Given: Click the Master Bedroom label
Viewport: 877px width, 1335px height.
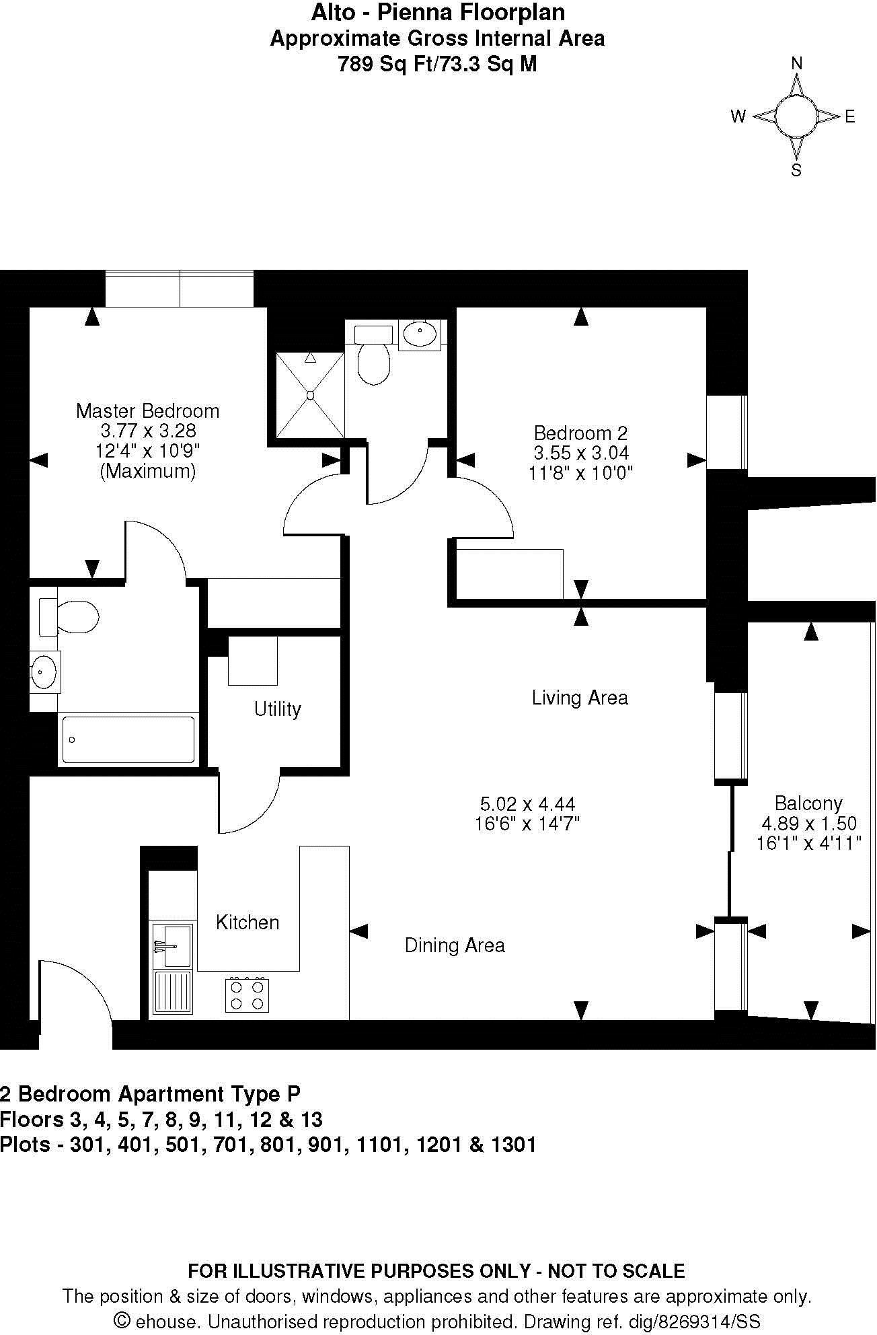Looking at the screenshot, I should click(x=147, y=410).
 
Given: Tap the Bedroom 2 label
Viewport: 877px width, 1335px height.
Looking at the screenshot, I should click(x=580, y=433).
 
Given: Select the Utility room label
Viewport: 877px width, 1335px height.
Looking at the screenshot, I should click(x=277, y=709).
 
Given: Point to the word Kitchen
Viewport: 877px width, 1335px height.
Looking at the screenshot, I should click(x=247, y=922).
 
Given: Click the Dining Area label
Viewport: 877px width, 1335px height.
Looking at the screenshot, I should click(x=455, y=945).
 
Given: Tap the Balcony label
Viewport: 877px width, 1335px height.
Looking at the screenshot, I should click(x=808, y=803).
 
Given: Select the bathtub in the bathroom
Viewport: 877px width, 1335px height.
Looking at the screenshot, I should click(x=128, y=740).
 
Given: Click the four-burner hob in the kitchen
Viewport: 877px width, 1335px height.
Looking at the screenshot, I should click(x=247, y=995).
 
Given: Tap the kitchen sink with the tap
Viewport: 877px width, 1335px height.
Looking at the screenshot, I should click(x=172, y=945).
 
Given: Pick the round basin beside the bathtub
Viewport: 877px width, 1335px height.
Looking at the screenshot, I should click(x=44, y=671).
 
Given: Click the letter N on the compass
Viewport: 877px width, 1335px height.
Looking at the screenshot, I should click(x=797, y=63).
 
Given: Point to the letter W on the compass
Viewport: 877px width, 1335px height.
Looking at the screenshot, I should click(x=738, y=117).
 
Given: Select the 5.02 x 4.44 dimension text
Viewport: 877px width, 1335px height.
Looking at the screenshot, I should click(x=527, y=803).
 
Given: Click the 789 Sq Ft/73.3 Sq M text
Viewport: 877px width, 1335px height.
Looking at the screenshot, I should click(x=437, y=65).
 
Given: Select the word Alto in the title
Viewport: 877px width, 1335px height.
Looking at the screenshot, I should click(x=329, y=12).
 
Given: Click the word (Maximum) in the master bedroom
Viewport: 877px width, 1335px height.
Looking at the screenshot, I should click(x=148, y=471).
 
